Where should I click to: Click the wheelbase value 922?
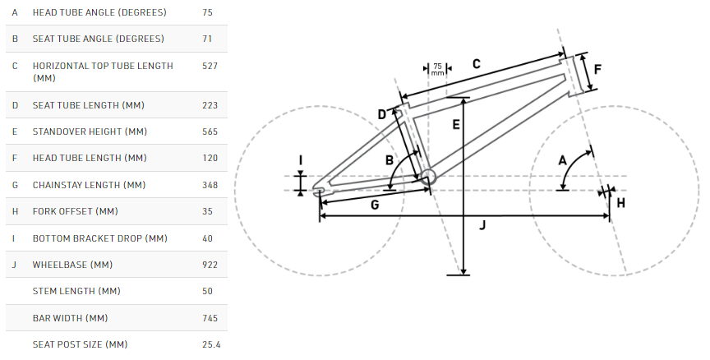point(210,265)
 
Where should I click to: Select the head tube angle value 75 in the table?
point(207,12)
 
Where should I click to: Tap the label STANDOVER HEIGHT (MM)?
point(90,132)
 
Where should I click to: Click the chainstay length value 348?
point(210,185)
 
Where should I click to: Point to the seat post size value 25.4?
point(211,344)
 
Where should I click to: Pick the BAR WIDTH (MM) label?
point(70,318)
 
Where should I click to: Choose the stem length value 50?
point(207,291)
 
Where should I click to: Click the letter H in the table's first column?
point(15,211)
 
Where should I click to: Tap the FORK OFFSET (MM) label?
point(75,211)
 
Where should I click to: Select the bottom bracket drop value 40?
point(207,238)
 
